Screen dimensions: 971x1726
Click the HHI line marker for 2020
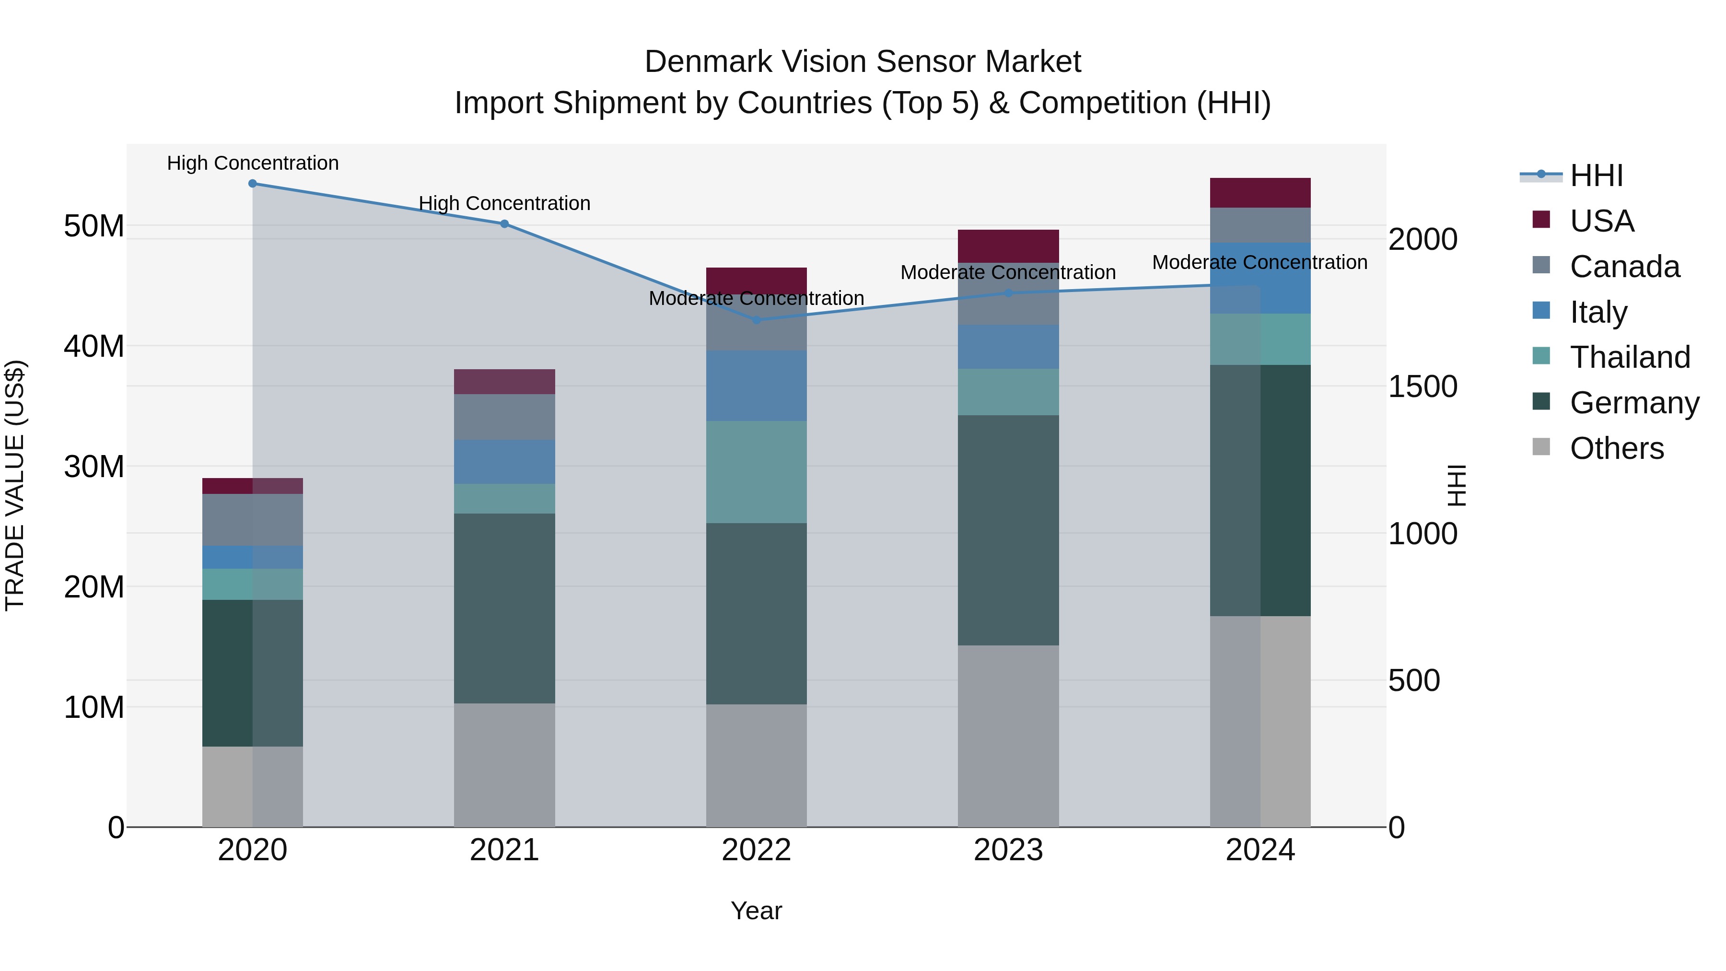253,184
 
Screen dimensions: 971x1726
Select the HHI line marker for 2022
757,320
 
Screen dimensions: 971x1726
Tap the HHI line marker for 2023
1008,293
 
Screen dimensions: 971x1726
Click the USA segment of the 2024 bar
1260,193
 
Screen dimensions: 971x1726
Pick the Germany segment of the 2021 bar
504,608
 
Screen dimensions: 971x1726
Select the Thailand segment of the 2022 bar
757,472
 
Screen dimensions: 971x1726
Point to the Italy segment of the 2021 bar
504,462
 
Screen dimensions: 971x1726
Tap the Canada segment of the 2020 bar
253,520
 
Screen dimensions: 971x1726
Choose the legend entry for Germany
1633,403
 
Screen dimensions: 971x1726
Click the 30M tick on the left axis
94,467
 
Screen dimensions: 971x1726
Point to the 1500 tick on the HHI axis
1422,386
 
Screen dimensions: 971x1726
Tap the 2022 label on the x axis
757,850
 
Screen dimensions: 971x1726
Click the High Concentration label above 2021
504,203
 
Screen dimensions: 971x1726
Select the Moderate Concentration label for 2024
1260,262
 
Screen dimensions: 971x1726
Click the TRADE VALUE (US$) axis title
15,485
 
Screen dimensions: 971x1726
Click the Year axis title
757,911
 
